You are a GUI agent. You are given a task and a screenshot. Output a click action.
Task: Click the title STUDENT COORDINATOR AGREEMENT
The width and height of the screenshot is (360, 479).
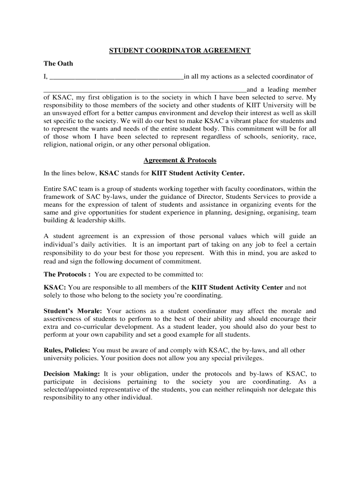click(x=180, y=51)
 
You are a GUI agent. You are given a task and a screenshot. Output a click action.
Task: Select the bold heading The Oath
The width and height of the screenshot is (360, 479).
click(x=58, y=63)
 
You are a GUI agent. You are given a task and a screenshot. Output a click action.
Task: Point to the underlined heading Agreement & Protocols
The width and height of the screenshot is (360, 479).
click(x=180, y=160)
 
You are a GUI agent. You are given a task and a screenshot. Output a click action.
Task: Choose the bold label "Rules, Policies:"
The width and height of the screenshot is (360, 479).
click(x=67, y=350)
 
